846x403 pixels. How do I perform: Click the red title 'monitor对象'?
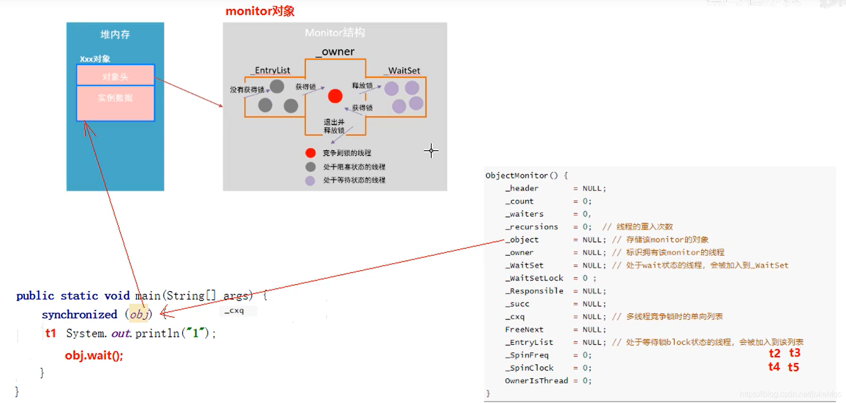click(x=260, y=11)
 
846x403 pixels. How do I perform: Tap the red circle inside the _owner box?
click(x=335, y=96)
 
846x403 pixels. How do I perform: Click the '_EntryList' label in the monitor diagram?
click(x=272, y=70)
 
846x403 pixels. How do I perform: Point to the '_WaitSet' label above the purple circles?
click(x=403, y=71)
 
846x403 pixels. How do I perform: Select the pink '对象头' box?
click(x=115, y=76)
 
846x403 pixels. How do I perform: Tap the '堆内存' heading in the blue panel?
click(x=115, y=34)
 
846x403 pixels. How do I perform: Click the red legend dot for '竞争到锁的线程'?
click(x=311, y=153)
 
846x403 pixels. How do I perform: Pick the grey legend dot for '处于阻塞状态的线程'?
click(x=311, y=167)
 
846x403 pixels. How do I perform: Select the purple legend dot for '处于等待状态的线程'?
click(x=310, y=180)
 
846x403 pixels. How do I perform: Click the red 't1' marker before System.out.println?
click(x=51, y=333)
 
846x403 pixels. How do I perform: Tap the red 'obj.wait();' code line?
click(x=94, y=355)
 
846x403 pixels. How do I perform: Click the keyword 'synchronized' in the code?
click(x=79, y=314)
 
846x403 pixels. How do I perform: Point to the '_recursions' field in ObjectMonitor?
click(x=531, y=227)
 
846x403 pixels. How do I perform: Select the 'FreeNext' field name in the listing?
click(x=524, y=329)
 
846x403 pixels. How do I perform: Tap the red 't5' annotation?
click(x=793, y=367)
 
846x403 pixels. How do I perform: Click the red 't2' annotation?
click(x=775, y=353)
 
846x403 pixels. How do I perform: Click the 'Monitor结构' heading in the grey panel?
click(x=335, y=33)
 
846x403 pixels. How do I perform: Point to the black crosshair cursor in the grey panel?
click(x=431, y=151)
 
